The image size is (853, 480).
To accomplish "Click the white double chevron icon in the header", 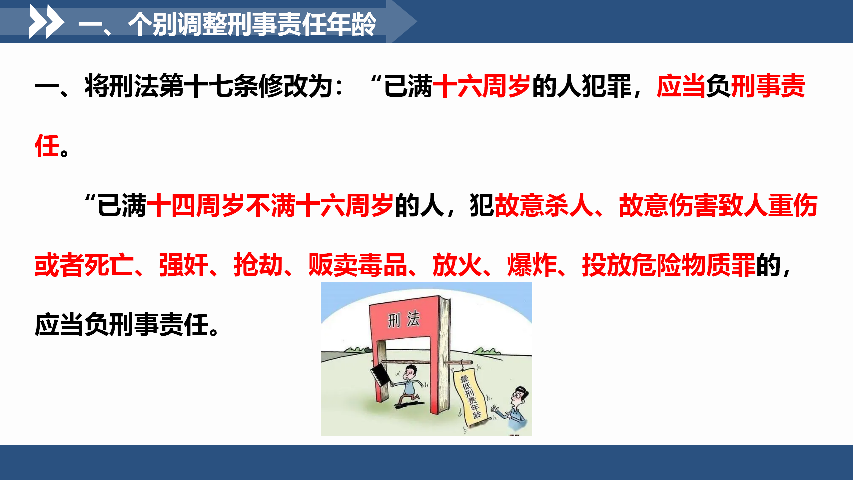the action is [46, 21].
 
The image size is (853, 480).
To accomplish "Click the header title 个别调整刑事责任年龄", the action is [252, 24].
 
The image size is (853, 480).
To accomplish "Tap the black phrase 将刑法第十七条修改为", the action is [209, 86].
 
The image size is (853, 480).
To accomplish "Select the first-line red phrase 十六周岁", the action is [481, 86].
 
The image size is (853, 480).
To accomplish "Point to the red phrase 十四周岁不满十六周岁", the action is [270, 205].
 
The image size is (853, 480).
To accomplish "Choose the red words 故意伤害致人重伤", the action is [718, 205].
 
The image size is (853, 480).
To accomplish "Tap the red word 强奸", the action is [184, 265].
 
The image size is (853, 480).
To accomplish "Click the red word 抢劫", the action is [258, 265].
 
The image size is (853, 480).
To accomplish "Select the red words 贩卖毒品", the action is [358, 265].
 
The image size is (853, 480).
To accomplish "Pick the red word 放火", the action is [457, 265].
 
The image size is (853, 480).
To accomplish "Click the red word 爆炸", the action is [532, 265].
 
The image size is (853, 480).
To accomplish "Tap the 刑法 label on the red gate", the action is [404, 319].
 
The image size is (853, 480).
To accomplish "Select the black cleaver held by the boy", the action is [380, 375].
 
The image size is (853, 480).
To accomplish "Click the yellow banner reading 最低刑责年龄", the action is [470, 397].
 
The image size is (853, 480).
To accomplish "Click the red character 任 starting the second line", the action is [47, 146].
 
